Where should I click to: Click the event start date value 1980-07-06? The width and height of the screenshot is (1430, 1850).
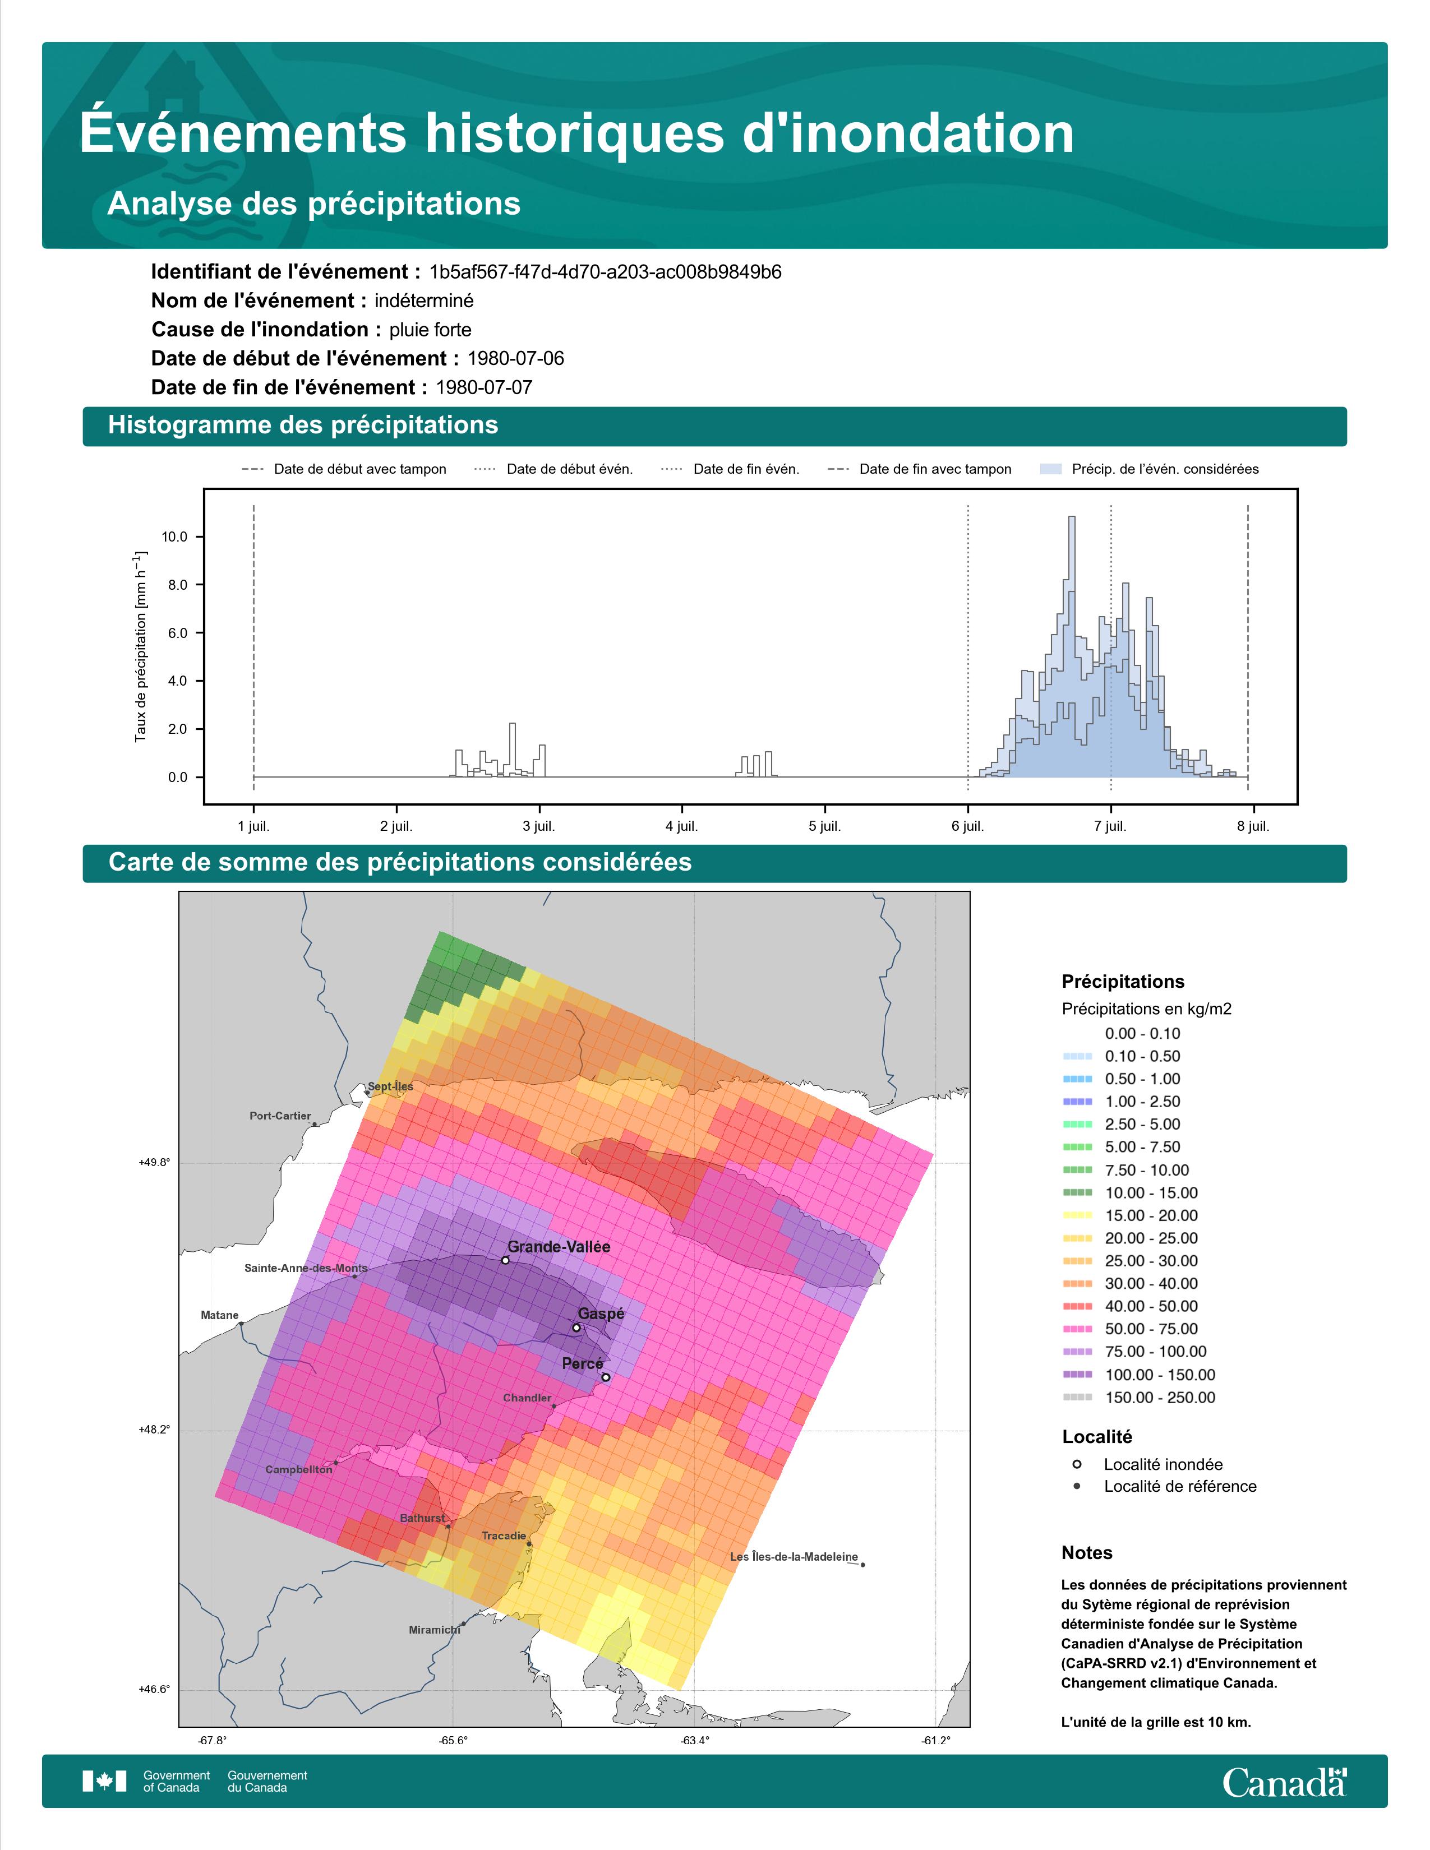[515, 358]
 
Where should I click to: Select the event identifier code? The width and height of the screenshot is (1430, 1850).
[605, 272]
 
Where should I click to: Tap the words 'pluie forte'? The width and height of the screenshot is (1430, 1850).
[430, 330]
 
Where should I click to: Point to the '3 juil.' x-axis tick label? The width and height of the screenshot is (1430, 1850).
[539, 826]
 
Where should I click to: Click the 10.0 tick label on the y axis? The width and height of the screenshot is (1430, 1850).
[174, 537]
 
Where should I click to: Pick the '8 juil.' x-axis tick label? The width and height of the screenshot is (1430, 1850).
[1253, 826]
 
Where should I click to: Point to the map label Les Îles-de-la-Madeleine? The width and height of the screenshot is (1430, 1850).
[794, 1557]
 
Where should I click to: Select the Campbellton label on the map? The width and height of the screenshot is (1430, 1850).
[299, 1470]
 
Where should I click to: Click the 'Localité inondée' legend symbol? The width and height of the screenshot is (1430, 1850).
[1077, 1464]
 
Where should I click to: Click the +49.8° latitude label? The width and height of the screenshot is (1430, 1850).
[154, 1163]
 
